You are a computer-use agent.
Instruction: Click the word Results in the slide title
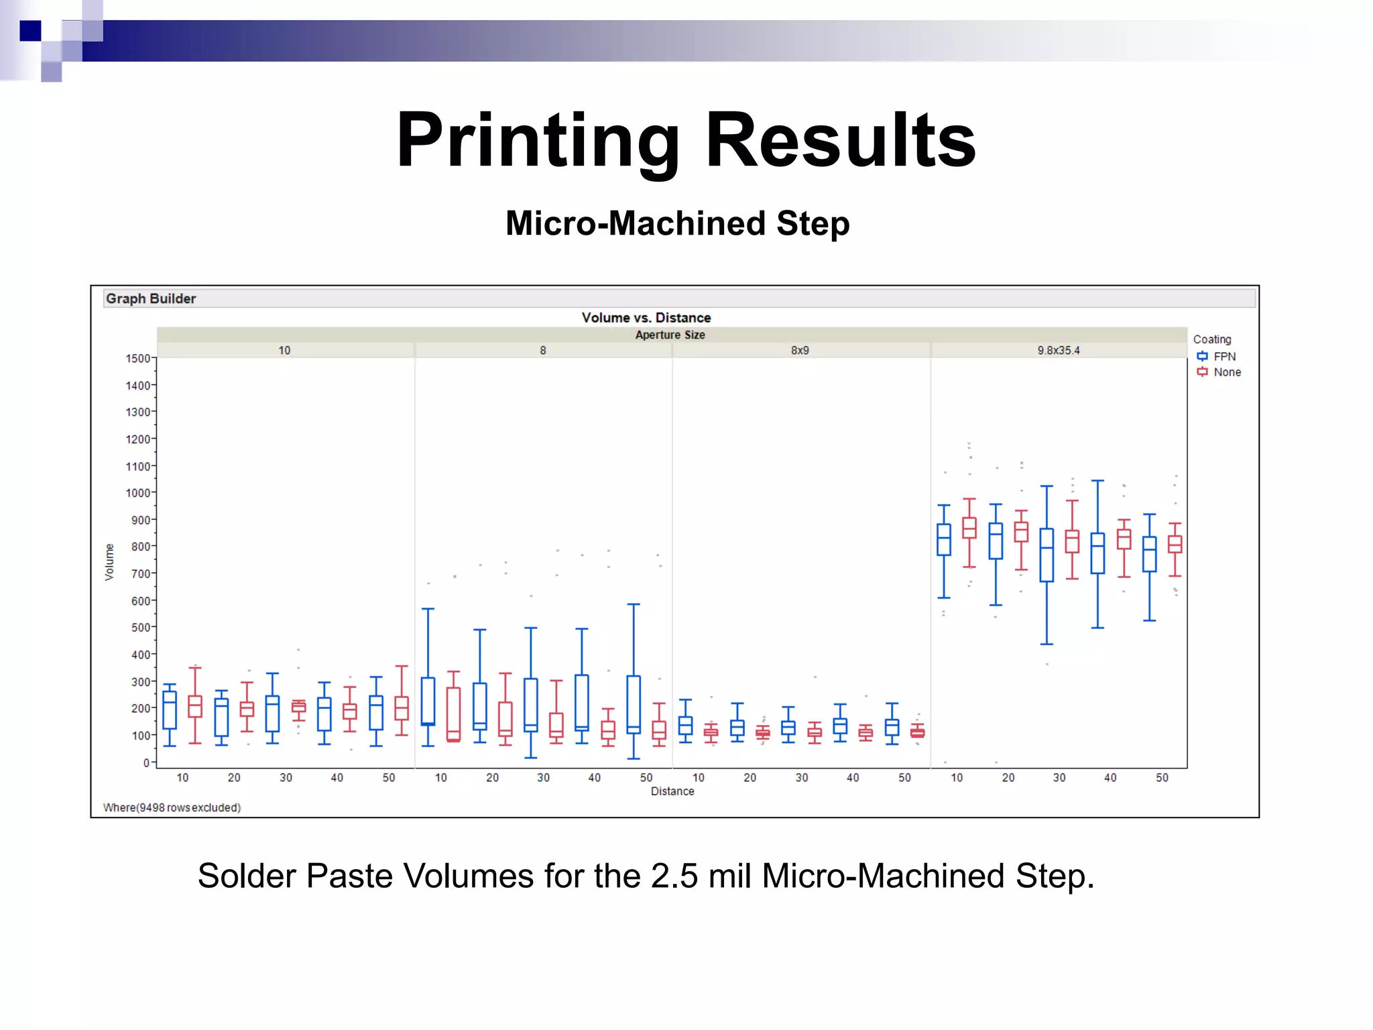841,140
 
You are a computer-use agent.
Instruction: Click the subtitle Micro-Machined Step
677,223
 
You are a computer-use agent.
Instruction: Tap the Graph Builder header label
151,298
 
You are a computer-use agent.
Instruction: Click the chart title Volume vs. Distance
646,318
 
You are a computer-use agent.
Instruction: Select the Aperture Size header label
670,335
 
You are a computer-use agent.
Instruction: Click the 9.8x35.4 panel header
1058,350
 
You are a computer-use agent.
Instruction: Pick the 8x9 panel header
800,350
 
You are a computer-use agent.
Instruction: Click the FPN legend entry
1223,356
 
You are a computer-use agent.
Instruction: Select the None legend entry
1226,372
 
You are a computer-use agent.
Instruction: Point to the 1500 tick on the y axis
137,358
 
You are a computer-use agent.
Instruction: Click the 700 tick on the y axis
140,573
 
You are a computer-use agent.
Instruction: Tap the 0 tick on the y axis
146,762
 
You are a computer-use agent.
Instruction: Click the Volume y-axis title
109,561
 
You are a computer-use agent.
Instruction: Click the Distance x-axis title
672,791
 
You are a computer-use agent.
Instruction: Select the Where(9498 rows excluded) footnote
172,807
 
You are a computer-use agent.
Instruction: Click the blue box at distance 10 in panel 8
428,701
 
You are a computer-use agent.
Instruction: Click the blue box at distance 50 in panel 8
634,704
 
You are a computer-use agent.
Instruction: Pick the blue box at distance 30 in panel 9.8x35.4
1047,555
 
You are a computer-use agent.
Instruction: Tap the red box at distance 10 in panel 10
195,707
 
